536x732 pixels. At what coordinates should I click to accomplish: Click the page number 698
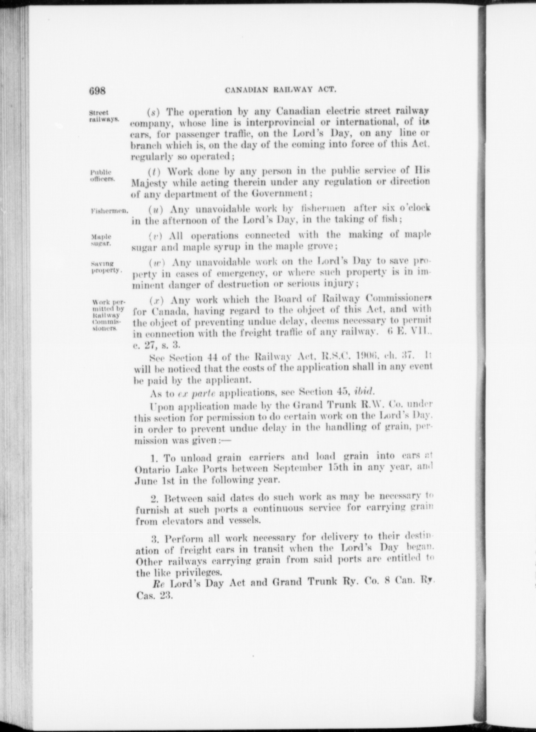tap(97, 91)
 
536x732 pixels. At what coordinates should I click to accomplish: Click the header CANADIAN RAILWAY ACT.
tap(280, 90)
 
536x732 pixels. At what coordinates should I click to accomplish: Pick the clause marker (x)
tap(156, 301)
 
